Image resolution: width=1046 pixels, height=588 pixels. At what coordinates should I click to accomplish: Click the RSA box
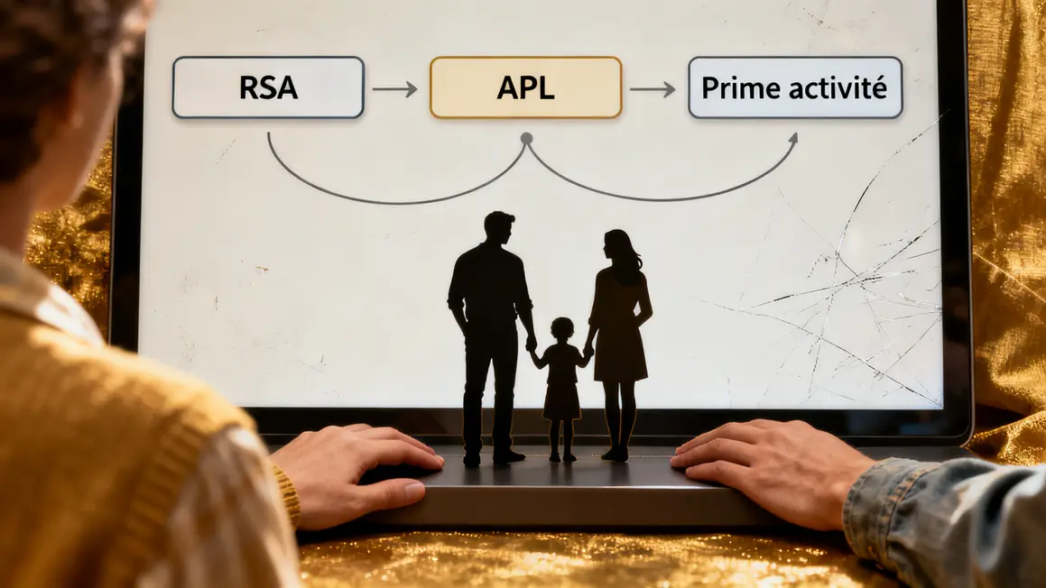coord(268,87)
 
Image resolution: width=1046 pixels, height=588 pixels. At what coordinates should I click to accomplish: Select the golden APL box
coord(525,87)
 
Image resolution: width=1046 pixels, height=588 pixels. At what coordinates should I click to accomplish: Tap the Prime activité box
coord(795,87)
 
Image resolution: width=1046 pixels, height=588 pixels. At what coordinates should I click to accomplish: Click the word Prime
coord(738,88)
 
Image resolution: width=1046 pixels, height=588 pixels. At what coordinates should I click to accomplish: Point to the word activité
coord(836,87)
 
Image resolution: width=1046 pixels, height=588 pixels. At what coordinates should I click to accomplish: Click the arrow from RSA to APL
coord(395,88)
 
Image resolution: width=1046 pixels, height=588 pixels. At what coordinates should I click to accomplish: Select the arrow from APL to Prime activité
coord(653,88)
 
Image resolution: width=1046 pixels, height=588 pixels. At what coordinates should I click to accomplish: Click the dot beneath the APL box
coord(526,139)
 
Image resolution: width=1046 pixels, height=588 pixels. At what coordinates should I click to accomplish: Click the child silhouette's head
coord(562,329)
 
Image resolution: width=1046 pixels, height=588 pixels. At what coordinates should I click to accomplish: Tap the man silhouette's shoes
coord(494,458)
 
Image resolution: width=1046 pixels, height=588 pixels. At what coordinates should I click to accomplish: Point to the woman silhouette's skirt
coord(620,356)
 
